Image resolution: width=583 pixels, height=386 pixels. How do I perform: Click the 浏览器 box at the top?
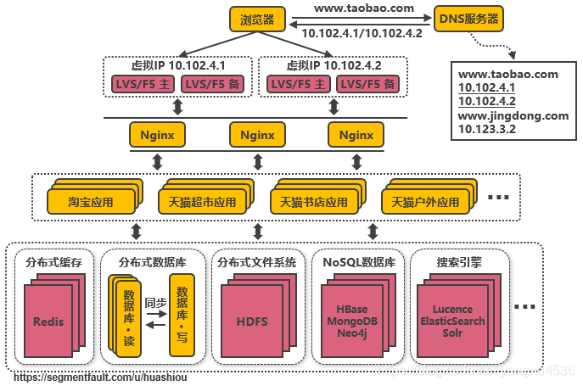tap(257, 19)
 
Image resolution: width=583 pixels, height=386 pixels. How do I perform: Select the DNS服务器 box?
tap(468, 18)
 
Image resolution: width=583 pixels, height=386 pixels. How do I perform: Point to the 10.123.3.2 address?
tap(487, 129)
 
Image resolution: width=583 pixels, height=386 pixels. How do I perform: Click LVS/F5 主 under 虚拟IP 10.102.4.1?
tap(144, 84)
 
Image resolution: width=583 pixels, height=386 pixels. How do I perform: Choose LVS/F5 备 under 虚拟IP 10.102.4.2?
tap(367, 84)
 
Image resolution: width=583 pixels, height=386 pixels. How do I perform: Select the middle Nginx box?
tap(257, 135)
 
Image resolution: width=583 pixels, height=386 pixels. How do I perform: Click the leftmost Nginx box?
tap(157, 135)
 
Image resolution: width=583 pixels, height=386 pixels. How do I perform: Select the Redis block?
tap(48, 322)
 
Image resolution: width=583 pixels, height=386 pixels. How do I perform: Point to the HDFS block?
tap(251, 322)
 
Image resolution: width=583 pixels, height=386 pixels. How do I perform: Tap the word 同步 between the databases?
tap(156, 302)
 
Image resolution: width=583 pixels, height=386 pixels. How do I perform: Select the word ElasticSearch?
tap(452, 322)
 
